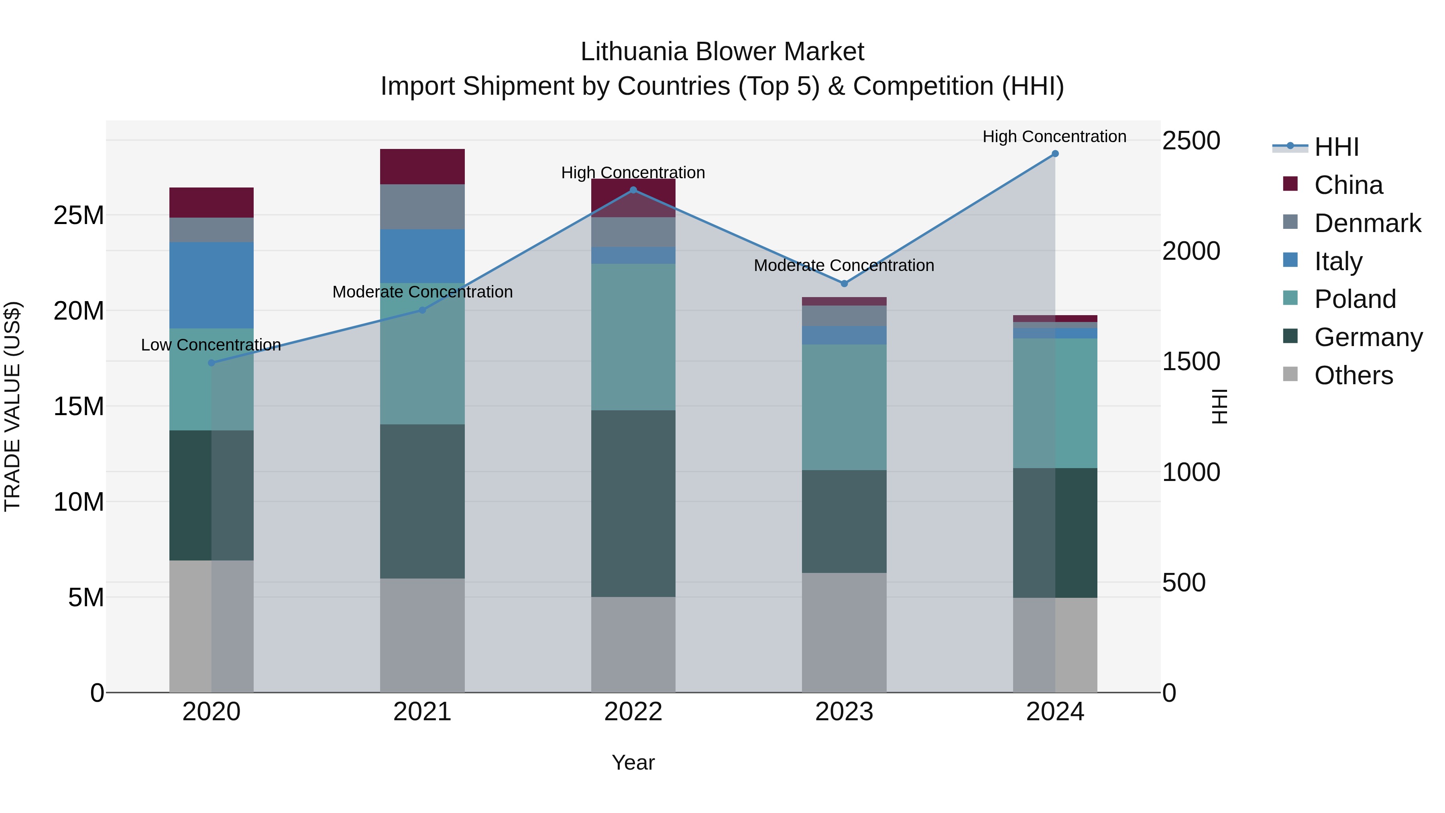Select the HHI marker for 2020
coord(212,363)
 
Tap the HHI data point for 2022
coord(633,190)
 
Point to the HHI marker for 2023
coord(844,284)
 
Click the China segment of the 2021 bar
coord(422,167)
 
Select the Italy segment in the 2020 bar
coord(212,285)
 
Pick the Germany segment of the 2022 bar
coord(633,503)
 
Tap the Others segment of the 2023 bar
coord(844,632)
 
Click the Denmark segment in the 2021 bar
coord(422,206)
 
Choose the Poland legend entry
coord(1354,299)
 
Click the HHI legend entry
coord(1336,147)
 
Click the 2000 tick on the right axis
coord(1191,251)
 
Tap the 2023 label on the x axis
coord(844,712)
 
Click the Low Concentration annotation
coord(211,345)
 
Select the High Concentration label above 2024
coord(1054,137)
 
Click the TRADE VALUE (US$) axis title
coord(13,406)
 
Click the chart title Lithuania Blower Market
coord(722,52)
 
